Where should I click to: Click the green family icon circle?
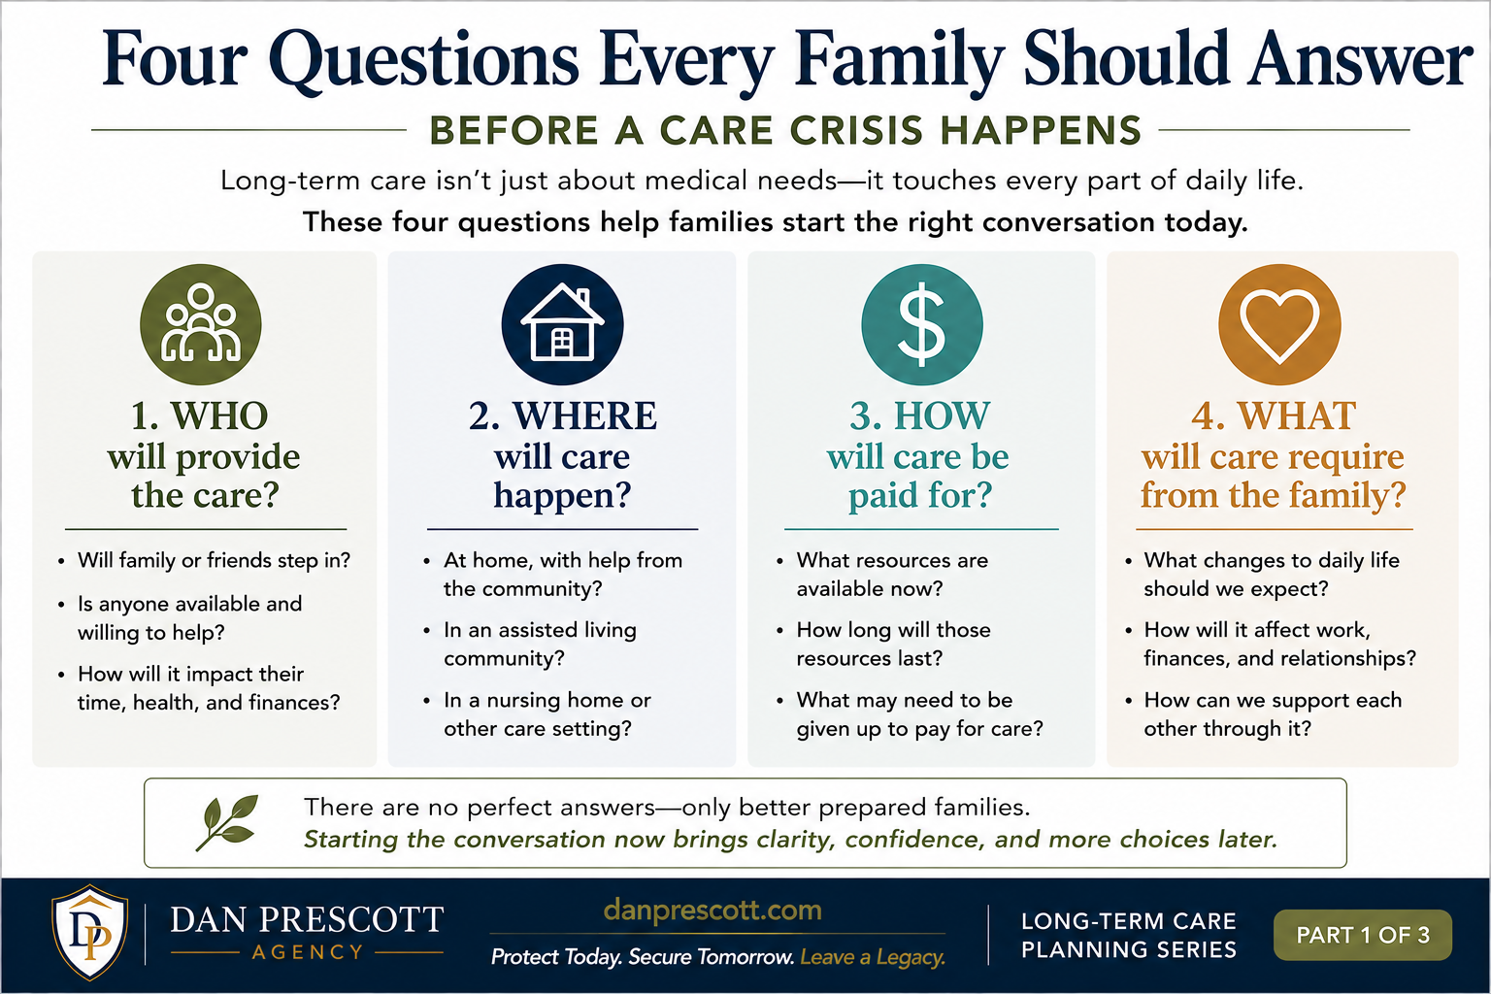200,324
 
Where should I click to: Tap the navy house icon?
562,324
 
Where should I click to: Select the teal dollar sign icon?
922,324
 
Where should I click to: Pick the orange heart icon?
1279,324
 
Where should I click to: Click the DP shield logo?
90,932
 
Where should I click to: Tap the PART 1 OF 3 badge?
1363,935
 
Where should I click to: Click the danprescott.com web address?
712,911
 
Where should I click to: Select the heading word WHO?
219,416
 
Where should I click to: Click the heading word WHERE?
584,416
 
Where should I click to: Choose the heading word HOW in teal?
942,416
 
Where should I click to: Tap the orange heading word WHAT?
1297,416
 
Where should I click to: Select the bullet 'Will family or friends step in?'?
214,561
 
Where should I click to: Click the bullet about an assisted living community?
540,644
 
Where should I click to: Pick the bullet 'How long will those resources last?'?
893,644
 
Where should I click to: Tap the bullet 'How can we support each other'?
1273,713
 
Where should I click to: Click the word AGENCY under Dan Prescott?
308,952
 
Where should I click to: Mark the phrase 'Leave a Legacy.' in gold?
873,957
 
